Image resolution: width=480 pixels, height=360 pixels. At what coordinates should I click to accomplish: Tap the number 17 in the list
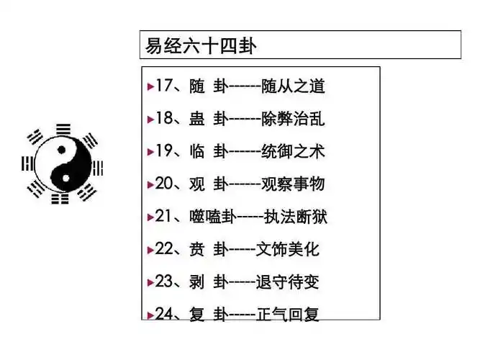pos(166,87)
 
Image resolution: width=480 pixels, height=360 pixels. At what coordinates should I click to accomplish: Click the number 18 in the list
pos(166,120)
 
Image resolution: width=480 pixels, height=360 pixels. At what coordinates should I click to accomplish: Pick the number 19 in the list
pos(166,152)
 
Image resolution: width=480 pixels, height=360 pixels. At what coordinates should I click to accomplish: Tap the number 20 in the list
pos(166,184)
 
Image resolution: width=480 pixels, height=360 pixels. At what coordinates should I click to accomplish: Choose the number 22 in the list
pos(166,250)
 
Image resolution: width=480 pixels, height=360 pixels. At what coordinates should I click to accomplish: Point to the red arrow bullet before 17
pos(150,88)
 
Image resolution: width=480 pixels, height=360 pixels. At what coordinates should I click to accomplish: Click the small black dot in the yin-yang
pos(62,150)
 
